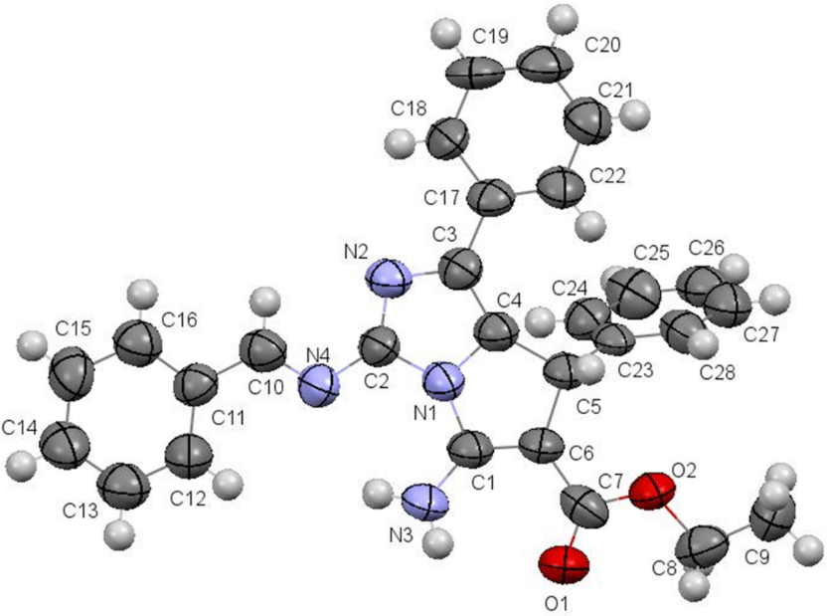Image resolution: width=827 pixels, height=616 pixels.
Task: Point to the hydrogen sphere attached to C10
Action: pyautogui.click(x=263, y=298)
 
